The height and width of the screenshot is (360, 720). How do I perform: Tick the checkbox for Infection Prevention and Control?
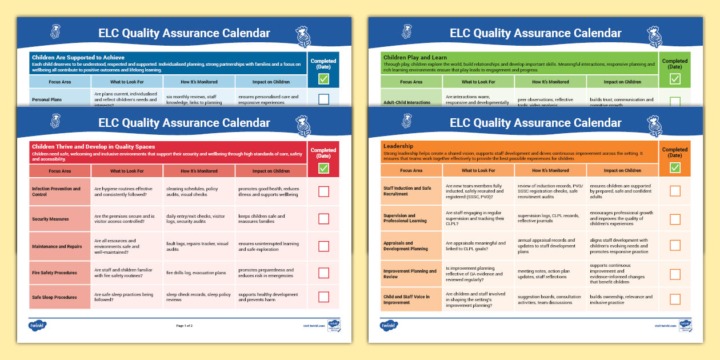[323, 191]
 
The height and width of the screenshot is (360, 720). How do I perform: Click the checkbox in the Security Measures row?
[323, 219]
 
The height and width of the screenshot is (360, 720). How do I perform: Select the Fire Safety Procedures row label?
[54, 273]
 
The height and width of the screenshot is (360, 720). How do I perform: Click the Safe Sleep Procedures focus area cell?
[54, 297]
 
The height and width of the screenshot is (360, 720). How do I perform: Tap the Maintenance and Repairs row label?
[57, 247]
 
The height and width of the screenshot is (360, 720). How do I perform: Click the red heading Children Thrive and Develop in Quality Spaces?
[93, 147]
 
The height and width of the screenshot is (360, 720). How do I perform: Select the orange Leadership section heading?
[398, 146]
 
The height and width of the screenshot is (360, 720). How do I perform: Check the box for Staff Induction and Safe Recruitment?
[675, 191]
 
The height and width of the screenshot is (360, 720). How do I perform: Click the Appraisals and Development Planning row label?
[406, 246]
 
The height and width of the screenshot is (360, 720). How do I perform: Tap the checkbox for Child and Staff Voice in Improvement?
[675, 299]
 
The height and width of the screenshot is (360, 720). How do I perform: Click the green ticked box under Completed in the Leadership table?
[675, 167]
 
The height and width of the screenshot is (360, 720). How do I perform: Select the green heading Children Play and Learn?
[415, 58]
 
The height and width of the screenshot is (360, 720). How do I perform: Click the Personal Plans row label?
[47, 99]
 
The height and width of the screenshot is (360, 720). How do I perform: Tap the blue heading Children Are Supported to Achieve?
[78, 58]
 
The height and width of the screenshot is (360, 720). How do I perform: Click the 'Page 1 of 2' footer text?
[184, 325]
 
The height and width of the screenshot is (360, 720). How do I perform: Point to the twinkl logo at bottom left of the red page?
[37, 325]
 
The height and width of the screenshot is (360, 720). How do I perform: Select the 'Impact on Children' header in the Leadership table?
[622, 170]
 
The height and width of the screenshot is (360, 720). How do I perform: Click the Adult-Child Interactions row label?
[407, 102]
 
